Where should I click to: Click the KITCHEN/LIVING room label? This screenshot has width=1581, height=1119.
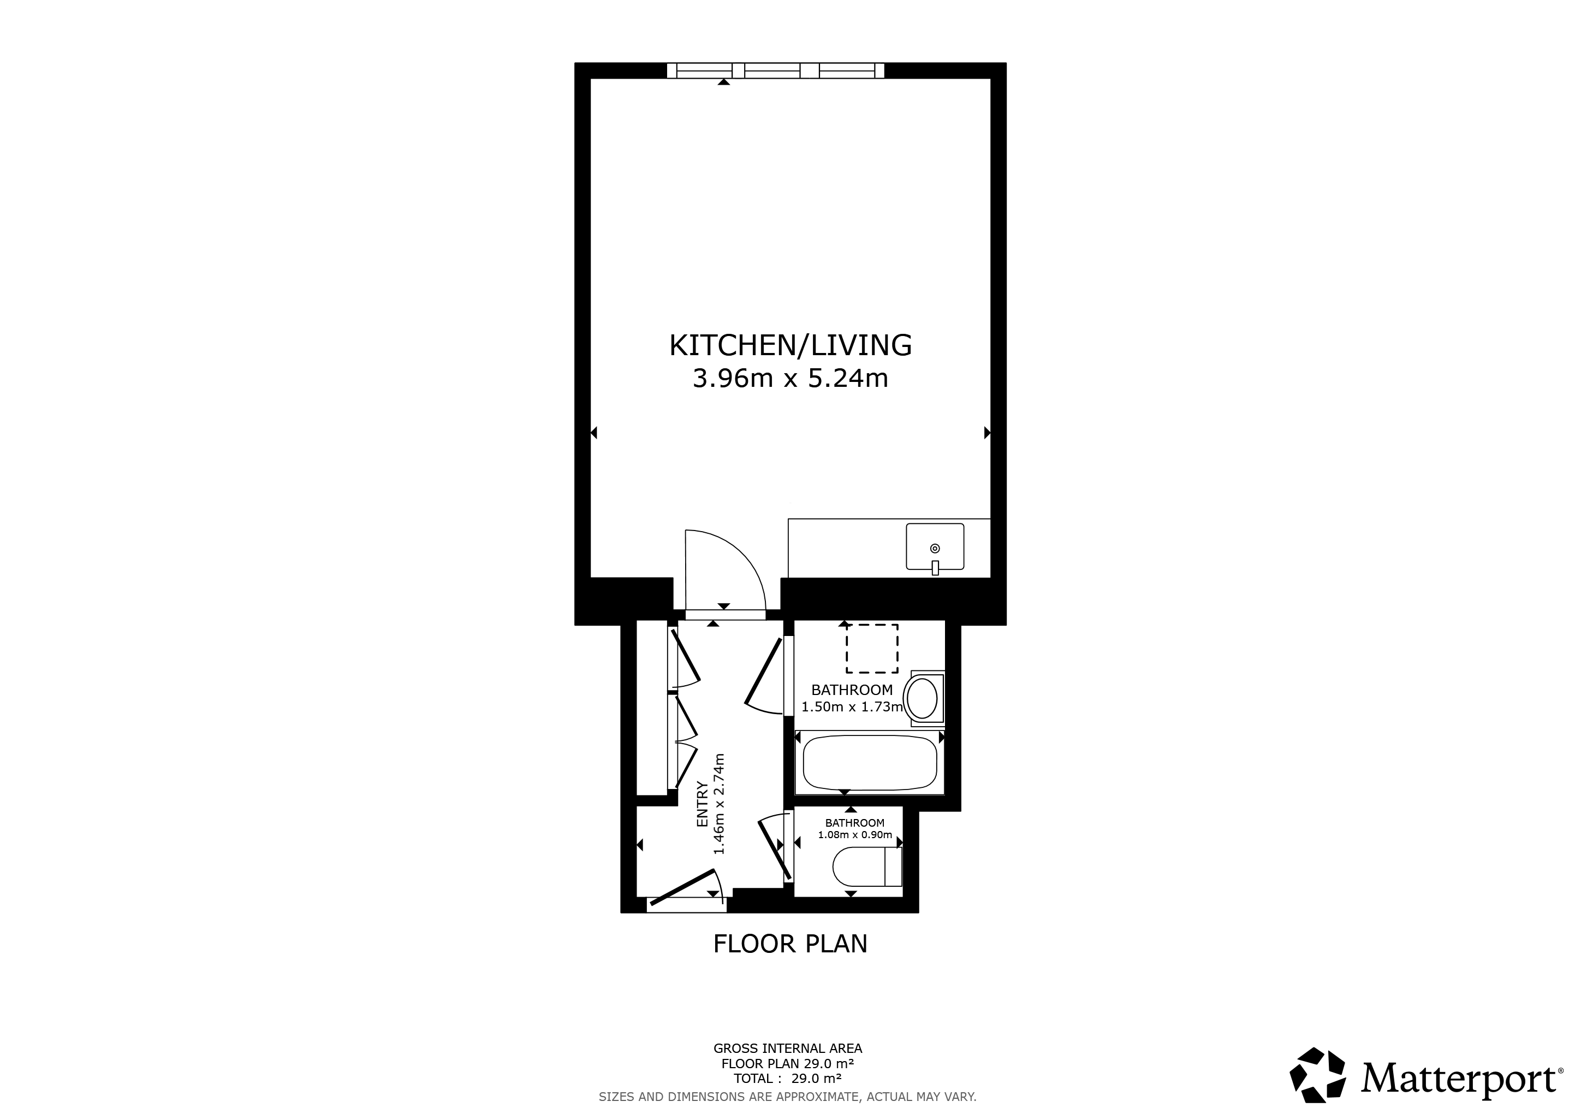pyautogui.click(x=791, y=345)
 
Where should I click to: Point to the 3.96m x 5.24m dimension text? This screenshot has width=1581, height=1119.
pyautogui.click(x=791, y=378)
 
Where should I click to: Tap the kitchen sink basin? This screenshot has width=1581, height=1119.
pyautogui.click(x=935, y=546)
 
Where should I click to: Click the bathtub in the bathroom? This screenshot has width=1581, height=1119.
pyautogui.click(x=870, y=763)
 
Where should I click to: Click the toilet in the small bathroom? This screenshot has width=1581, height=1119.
pyautogui.click(x=867, y=866)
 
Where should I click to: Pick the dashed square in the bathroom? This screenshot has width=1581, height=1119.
pyautogui.click(x=872, y=649)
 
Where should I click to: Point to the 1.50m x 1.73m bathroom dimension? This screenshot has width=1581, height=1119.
pyautogui.click(x=852, y=707)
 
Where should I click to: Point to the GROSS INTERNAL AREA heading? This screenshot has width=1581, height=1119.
pyautogui.click(x=788, y=1049)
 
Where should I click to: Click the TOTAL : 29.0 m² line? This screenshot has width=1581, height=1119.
pyautogui.click(x=788, y=1079)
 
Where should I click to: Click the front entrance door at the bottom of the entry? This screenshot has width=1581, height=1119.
pyautogui.click(x=682, y=887)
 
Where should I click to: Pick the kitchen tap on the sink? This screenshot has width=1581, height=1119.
pyautogui.click(x=935, y=568)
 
